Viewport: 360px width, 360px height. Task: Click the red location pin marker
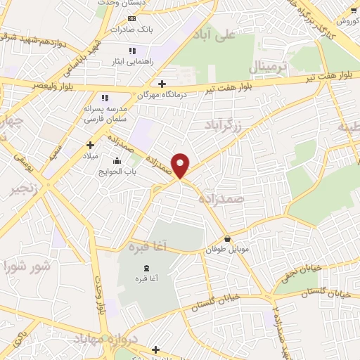click(181, 165)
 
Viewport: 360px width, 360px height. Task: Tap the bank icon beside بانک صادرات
click(130, 17)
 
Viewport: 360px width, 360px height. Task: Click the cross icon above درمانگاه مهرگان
click(162, 84)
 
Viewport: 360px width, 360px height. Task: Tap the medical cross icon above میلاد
click(91, 144)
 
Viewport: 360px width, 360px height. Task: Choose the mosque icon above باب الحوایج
click(117, 160)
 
